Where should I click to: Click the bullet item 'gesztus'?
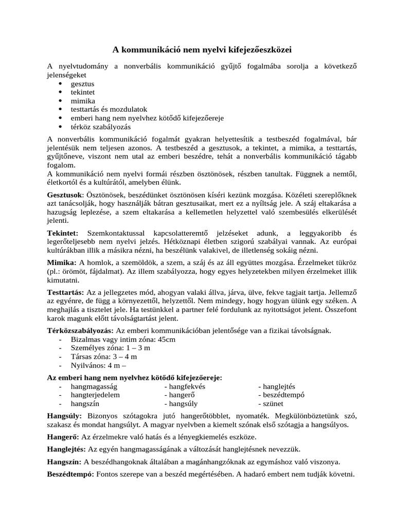82,83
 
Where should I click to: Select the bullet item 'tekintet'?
83,92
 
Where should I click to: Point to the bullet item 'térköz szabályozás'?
101,127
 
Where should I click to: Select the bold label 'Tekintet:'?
63,233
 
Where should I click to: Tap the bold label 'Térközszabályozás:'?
80,330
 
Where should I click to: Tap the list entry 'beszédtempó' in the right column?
283,395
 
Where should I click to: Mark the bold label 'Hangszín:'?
64,462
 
